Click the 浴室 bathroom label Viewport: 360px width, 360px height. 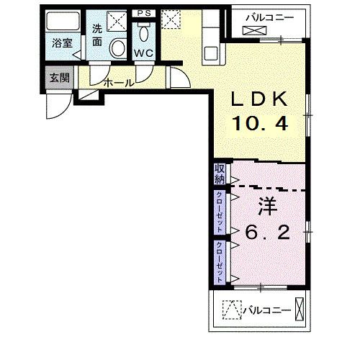click(x=62, y=43)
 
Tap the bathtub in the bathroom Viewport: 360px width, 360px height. click(x=63, y=21)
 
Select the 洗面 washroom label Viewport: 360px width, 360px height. click(x=97, y=35)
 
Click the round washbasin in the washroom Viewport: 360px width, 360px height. click(x=118, y=48)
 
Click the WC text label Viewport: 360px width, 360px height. click(x=143, y=53)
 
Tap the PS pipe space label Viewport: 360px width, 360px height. click(x=144, y=13)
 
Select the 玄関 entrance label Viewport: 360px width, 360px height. click(x=60, y=78)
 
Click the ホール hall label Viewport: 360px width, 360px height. click(x=119, y=83)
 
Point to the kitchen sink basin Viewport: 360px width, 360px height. click(x=211, y=53)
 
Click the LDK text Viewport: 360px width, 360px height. click(x=259, y=99)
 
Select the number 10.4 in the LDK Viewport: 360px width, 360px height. click(x=260, y=123)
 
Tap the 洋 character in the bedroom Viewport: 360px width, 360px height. click(x=268, y=207)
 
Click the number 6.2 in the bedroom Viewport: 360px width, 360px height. click(x=267, y=232)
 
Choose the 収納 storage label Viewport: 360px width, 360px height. click(x=220, y=174)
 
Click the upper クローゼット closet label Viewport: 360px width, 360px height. click(x=220, y=212)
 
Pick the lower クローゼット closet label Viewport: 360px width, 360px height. click(x=220, y=262)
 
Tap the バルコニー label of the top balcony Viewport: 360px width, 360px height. click(x=270, y=17)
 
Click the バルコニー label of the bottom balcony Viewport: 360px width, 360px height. click(x=267, y=310)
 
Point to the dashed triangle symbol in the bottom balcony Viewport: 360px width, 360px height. click(x=232, y=310)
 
